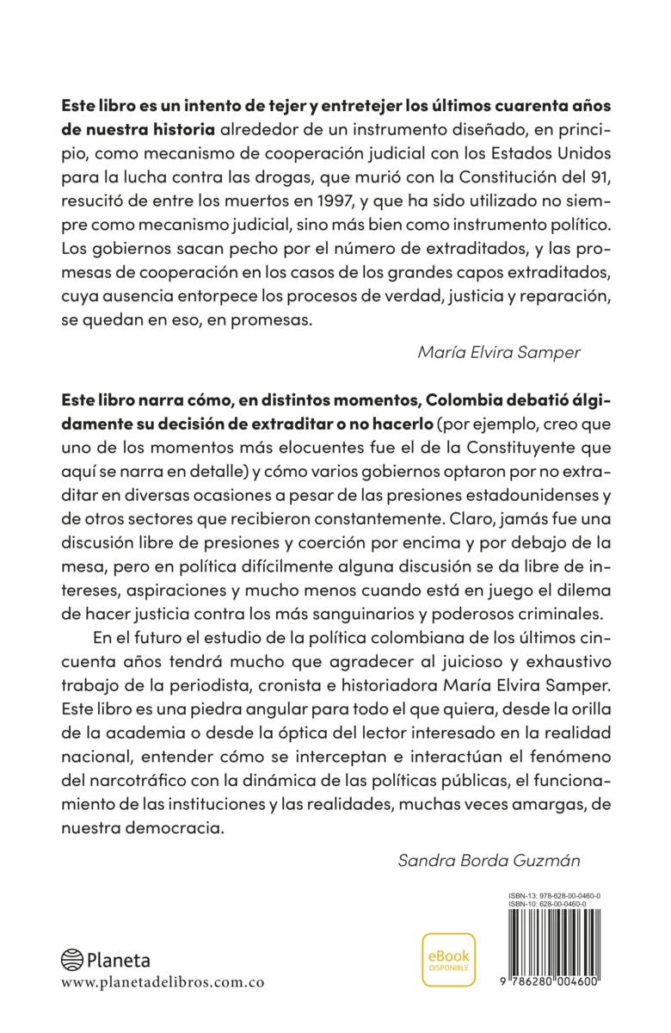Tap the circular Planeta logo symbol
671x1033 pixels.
pos(72,960)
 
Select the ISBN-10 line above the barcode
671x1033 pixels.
pos(548,905)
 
